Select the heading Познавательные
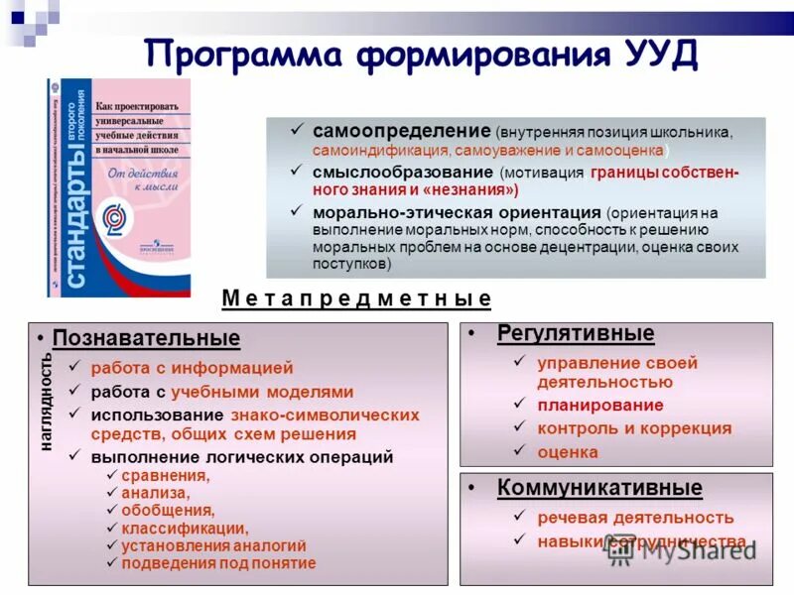coord(146,338)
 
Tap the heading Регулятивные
coord(576,333)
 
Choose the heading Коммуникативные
coord(599,488)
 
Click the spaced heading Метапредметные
coord(356,297)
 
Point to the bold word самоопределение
coord(402,131)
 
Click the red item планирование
coord(599,405)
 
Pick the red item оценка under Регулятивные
coord(568,452)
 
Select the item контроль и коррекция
coord(634,428)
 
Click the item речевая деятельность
coord(635,518)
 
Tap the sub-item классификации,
coord(185,528)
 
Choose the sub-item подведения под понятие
coord(218,563)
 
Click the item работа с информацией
coord(193,368)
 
